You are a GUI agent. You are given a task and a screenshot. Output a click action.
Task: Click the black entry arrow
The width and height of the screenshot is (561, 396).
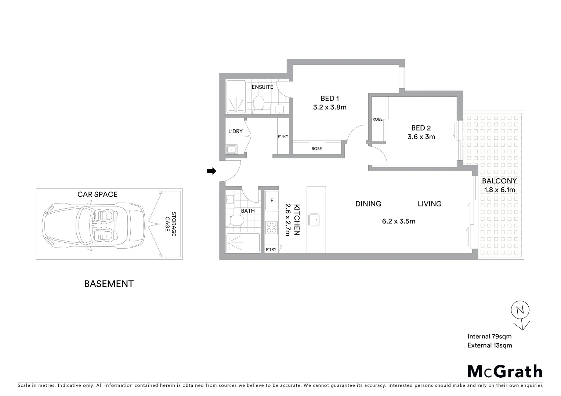coord(211,171)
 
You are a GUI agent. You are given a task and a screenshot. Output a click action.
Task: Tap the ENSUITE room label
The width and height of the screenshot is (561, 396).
coord(262,87)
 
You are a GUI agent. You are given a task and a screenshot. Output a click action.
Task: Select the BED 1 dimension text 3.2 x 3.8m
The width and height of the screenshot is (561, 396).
coord(330,107)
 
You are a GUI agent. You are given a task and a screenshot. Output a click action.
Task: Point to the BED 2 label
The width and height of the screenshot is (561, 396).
coord(421,128)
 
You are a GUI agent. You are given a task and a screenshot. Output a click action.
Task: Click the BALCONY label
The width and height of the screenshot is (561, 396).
coord(499,181)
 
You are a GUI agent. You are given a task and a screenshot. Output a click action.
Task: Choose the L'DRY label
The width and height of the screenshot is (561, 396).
coord(235,131)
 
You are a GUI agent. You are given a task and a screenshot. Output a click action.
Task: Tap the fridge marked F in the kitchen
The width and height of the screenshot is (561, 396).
coord(272,201)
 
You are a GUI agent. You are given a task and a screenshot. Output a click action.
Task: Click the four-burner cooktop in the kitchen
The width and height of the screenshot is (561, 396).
coord(272,227)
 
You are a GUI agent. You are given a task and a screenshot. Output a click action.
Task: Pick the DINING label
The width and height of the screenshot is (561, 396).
coord(368,204)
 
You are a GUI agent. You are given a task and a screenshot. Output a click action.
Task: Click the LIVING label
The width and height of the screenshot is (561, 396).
coord(430,204)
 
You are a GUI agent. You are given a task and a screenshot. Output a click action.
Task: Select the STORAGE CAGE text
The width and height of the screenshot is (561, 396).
coord(171,224)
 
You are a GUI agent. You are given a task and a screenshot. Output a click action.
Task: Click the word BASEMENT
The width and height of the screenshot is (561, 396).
coord(109,284)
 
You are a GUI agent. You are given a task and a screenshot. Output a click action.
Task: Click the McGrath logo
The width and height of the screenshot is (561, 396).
coord(505,371)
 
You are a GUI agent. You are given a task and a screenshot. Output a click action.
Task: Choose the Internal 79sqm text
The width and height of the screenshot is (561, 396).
coord(489,336)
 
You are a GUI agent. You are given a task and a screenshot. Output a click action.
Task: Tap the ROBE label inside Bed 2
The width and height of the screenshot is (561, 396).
coord(377,119)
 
